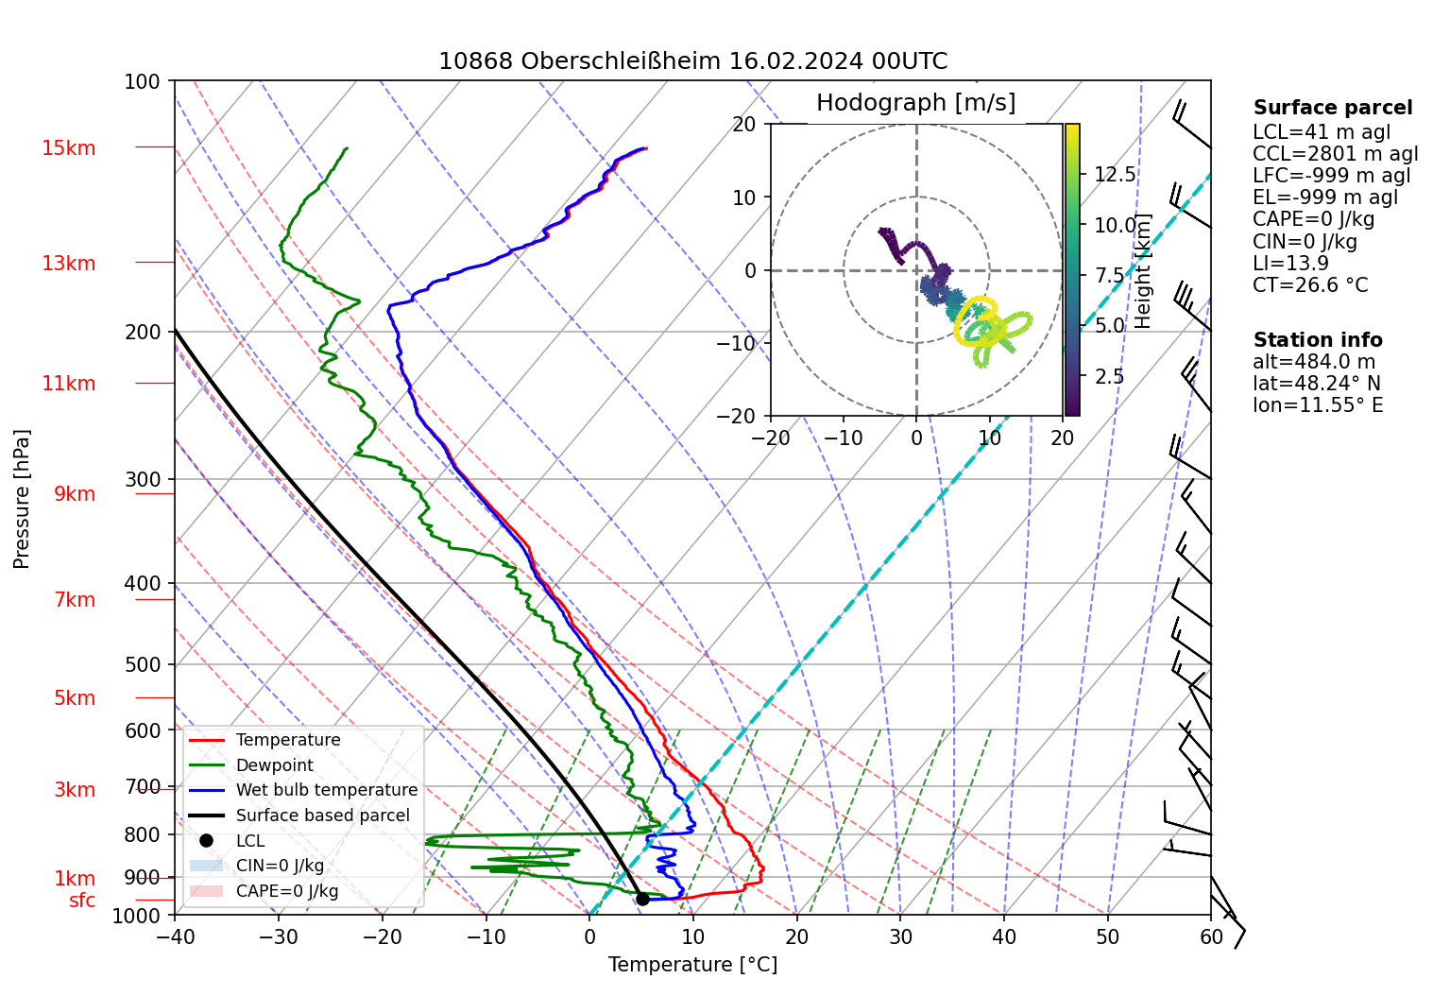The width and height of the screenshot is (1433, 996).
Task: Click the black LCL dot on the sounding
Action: (x=642, y=899)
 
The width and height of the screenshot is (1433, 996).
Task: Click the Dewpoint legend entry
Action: (x=274, y=765)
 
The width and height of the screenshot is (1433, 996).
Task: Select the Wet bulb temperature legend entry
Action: (x=326, y=790)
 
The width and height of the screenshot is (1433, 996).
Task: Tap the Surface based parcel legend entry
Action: (x=322, y=816)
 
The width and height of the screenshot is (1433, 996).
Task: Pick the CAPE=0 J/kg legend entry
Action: (x=286, y=891)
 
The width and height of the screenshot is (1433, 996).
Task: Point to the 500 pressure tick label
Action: (x=143, y=665)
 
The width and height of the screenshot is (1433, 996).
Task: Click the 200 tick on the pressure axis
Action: (x=143, y=333)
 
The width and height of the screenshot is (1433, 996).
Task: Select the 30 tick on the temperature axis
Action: (x=900, y=936)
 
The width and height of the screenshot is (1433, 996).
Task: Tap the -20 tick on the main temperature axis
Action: (x=383, y=936)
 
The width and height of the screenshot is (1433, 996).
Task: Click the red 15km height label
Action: (x=68, y=148)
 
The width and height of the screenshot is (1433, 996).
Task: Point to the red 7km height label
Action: (x=75, y=600)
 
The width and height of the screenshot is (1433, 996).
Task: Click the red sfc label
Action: (x=82, y=902)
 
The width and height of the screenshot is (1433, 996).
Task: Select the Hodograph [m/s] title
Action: (x=915, y=103)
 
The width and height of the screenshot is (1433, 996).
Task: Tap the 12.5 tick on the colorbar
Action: (x=1115, y=175)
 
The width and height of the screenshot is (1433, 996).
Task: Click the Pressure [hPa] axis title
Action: (x=22, y=499)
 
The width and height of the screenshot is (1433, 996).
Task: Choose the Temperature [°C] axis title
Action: (x=692, y=965)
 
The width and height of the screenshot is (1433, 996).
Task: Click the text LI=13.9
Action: (x=1290, y=264)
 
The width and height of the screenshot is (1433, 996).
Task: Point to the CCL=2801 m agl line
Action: (x=1335, y=154)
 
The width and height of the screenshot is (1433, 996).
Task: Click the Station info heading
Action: (x=1317, y=340)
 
